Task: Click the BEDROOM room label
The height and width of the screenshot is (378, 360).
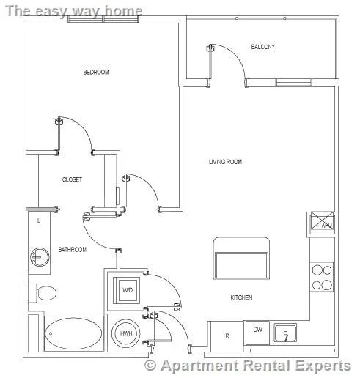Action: [x=96, y=72]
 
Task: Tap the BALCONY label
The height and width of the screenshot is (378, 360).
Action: [x=263, y=47]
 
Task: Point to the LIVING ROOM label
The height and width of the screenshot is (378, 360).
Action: [x=225, y=162]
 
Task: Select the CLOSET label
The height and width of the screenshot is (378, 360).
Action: [x=72, y=179]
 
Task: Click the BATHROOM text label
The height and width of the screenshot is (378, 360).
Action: [x=73, y=250]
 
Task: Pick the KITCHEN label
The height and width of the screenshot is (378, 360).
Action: [x=241, y=297]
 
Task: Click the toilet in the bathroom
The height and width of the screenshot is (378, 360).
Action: [x=43, y=293]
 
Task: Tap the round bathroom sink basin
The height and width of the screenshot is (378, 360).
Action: [x=40, y=257]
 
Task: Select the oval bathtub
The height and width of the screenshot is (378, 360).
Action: [x=74, y=333]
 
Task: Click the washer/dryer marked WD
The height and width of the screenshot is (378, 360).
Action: [x=127, y=290]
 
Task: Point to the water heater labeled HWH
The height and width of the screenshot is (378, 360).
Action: [x=126, y=333]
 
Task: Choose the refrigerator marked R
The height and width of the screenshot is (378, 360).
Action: [x=227, y=336]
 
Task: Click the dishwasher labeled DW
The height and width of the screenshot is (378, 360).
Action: [x=257, y=333]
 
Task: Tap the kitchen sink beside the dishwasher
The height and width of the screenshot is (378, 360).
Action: [x=285, y=333]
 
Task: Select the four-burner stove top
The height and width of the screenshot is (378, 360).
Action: [x=322, y=277]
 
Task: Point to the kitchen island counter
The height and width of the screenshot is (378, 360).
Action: [x=241, y=258]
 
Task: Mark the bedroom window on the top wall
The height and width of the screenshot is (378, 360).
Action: [x=103, y=19]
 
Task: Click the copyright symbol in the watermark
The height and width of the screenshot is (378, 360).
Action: [x=150, y=366]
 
